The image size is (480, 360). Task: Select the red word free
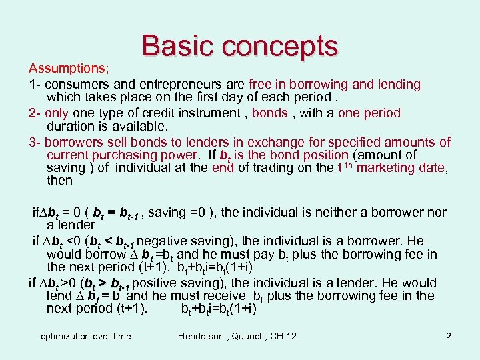click(260, 85)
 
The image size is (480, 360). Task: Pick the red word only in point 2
click(57, 113)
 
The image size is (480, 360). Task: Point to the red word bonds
click(270, 113)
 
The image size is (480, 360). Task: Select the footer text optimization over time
click(86, 336)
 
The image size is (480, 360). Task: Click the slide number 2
click(449, 336)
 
